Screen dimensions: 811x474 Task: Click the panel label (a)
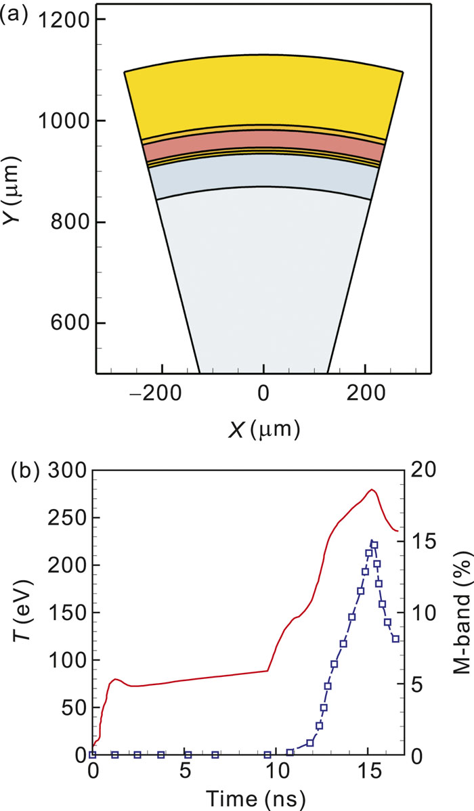pos(14,14)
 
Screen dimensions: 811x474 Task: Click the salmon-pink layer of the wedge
pos(264,139)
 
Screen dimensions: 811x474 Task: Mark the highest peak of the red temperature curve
pos(371,489)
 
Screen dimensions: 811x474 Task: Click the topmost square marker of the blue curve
pos(374,544)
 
